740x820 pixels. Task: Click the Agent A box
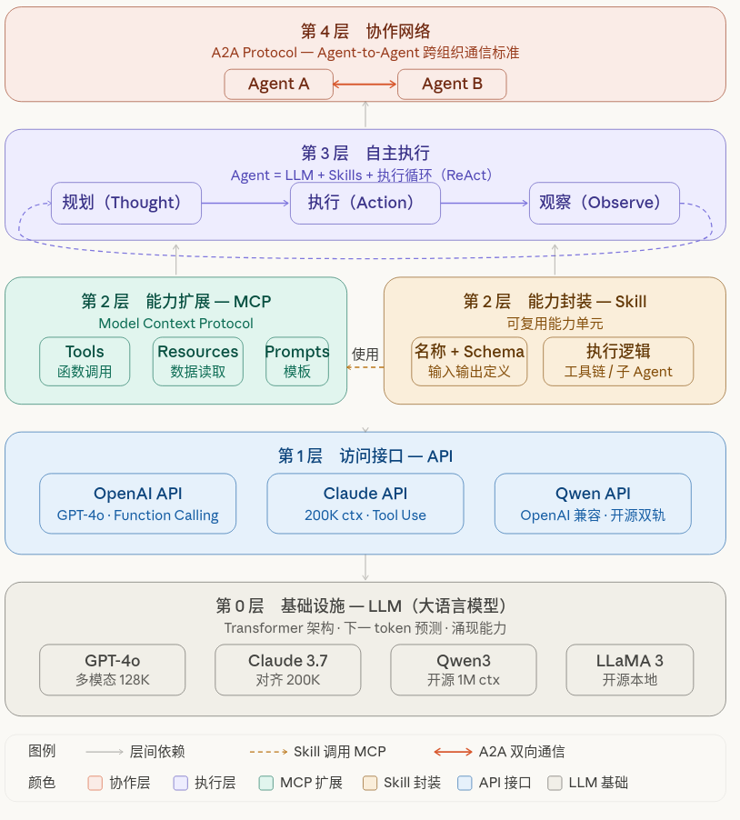click(279, 85)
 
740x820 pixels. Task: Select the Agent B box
click(452, 85)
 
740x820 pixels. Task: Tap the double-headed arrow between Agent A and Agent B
click(365, 85)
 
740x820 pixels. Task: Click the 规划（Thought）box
click(126, 203)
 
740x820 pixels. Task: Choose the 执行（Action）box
click(365, 203)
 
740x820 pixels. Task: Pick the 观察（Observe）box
click(604, 203)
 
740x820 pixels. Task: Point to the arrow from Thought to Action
click(245, 203)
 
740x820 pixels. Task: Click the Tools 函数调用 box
click(85, 361)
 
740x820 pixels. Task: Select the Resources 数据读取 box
click(197, 361)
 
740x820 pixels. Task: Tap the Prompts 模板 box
click(297, 361)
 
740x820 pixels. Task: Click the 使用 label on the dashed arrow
click(365, 355)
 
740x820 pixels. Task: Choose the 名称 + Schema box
click(469, 361)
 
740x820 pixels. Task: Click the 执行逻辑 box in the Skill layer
click(618, 361)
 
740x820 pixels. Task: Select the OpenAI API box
click(138, 504)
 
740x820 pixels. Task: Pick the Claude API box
click(365, 504)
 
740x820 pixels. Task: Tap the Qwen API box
click(593, 504)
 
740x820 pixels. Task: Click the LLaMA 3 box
click(629, 670)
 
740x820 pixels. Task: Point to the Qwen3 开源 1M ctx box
click(463, 670)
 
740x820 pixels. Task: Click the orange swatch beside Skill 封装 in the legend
click(370, 783)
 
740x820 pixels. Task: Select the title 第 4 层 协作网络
click(365, 31)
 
